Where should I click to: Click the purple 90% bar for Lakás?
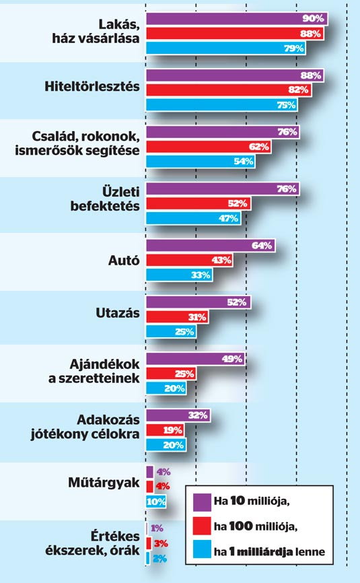tap(237, 19)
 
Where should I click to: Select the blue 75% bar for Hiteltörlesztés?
tap(222, 105)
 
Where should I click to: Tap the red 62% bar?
tap(209, 147)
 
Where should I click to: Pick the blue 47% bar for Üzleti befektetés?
tap(193, 218)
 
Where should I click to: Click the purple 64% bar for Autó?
tap(211, 246)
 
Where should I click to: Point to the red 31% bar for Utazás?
tap(177, 317)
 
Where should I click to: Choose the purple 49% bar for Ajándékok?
tap(195, 359)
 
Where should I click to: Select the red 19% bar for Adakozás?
tap(165, 430)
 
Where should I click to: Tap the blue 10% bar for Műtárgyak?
tap(156, 502)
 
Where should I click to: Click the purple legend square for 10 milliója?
tap(202, 502)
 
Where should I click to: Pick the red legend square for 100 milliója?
tap(202, 526)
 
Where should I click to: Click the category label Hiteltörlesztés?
tap(92, 86)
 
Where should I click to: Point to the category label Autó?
tap(124, 261)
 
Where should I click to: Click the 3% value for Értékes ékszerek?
tap(161, 543)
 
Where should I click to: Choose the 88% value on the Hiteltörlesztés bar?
tap(311, 75)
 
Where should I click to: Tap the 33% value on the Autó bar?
tap(201, 275)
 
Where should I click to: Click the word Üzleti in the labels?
tap(121, 192)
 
